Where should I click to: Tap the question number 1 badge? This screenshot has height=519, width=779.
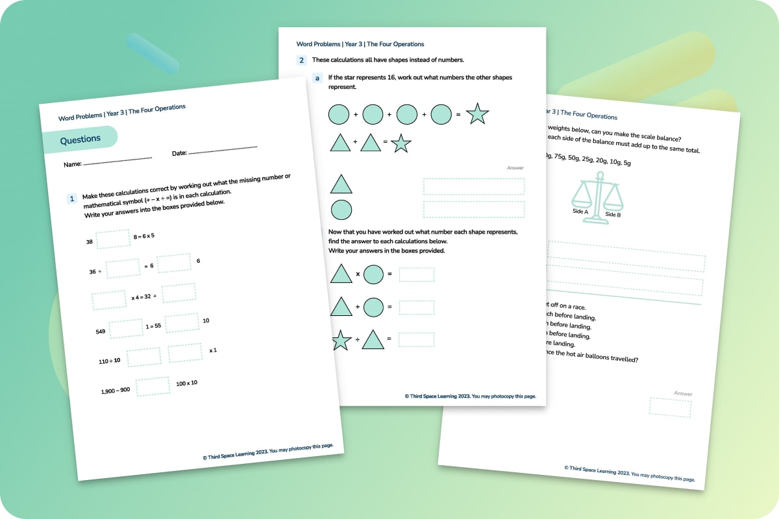coord(73,199)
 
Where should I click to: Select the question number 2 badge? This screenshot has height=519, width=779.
coord(301,60)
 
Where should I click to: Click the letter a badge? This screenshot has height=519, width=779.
coord(317,78)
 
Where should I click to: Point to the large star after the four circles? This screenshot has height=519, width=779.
coord(477,114)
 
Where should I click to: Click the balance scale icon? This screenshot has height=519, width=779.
coord(596,198)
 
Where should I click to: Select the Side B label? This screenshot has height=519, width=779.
coord(613,214)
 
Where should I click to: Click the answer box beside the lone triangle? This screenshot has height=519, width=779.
coord(473,186)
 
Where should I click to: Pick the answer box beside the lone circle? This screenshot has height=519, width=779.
coord(473,210)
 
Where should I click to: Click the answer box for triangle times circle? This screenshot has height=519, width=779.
coord(416,274)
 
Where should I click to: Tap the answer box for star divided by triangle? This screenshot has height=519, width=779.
coord(416,339)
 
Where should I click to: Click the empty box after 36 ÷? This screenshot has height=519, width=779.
coord(123,268)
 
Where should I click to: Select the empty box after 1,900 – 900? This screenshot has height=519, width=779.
coord(153,386)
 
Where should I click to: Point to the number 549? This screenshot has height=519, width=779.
coord(101,332)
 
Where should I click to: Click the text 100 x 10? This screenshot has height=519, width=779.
coord(187,383)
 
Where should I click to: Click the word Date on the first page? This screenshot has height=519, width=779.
coord(179,153)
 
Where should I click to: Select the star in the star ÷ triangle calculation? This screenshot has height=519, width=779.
coord(341,341)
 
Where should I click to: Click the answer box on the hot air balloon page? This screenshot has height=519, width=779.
coord(670,407)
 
